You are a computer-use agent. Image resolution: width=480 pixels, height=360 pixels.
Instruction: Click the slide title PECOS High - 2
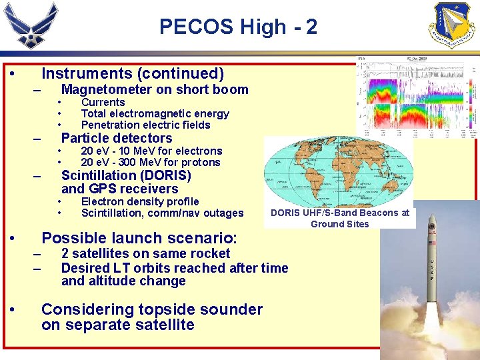[238, 27]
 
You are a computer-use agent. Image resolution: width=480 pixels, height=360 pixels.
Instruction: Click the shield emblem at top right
[454, 25]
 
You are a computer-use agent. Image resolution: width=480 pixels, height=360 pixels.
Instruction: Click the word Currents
[103, 102]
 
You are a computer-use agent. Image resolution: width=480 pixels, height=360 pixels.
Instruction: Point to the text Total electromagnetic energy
[155, 113]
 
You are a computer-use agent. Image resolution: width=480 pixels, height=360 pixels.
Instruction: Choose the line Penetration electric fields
[145, 125]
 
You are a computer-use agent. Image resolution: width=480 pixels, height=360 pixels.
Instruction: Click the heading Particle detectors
[117, 138]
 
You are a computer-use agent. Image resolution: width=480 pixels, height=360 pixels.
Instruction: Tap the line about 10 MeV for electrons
[151, 151]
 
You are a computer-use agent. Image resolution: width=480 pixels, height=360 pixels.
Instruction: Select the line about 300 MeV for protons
[150, 162]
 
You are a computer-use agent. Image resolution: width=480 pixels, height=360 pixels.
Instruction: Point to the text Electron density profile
[139, 201]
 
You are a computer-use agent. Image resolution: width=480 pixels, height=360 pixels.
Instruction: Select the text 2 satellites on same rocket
[145, 253]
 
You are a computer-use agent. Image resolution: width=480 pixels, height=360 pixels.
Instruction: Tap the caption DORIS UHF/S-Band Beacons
[339, 213]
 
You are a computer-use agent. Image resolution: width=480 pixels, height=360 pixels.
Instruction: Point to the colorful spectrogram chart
[417, 97]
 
